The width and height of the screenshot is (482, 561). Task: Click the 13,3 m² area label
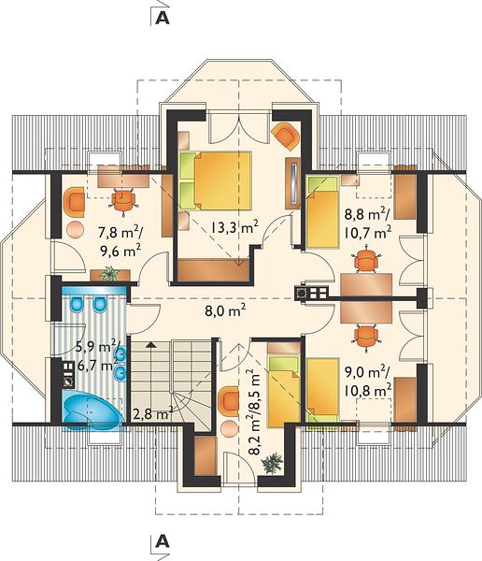click(234, 227)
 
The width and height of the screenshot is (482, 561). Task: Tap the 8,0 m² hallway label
click(225, 310)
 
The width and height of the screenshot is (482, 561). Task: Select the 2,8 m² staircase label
click(152, 414)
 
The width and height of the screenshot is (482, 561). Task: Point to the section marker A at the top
click(163, 19)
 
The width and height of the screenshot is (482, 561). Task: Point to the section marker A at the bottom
click(163, 542)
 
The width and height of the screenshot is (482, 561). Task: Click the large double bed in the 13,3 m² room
click(215, 180)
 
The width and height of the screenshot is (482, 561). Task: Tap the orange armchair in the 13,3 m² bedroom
click(285, 136)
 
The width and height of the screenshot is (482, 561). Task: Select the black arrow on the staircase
click(151, 344)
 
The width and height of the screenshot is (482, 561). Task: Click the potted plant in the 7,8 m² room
click(109, 274)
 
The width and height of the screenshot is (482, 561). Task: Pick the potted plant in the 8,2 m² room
click(273, 464)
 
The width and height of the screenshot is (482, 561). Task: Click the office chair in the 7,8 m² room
click(123, 200)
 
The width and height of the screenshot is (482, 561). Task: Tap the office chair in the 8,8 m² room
click(366, 260)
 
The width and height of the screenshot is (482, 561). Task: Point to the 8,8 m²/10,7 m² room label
click(368, 223)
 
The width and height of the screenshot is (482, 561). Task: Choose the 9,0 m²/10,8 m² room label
click(368, 381)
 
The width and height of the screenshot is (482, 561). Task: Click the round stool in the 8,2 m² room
click(229, 428)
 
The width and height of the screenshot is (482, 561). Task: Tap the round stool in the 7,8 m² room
click(75, 230)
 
